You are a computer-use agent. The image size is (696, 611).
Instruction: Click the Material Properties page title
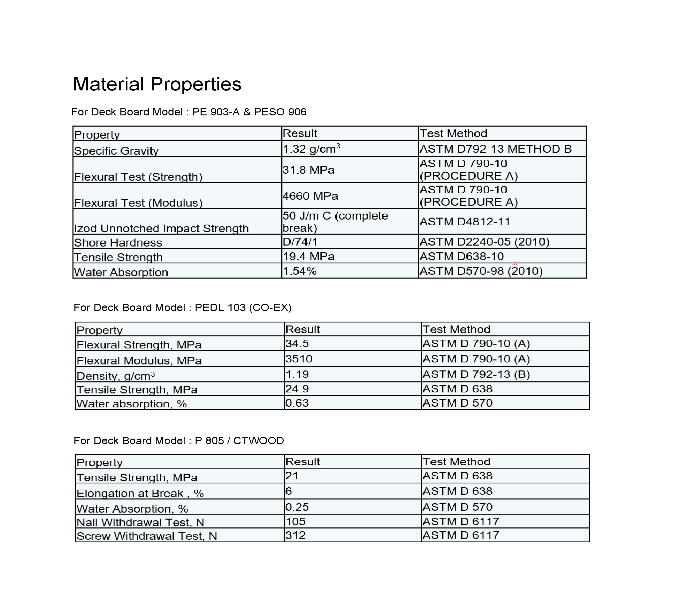coord(157,84)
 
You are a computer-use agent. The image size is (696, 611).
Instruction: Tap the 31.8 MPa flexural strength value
coord(308,170)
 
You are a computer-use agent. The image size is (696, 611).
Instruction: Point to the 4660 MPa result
coord(310,196)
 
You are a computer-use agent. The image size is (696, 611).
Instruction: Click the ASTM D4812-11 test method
coord(465,222)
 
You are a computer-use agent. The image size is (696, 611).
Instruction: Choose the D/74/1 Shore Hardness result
coord(300,242)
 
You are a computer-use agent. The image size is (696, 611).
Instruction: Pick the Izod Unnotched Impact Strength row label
coord(161,228)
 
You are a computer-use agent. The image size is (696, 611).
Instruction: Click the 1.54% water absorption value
coord(300,271)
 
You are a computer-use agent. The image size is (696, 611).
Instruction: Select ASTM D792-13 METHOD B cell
coord(495,149)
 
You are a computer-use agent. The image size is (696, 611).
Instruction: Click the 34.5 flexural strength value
coord(297,343)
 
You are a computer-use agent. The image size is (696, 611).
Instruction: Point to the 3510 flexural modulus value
coord(299,359)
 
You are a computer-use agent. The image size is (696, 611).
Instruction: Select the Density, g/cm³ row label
coord(116,376)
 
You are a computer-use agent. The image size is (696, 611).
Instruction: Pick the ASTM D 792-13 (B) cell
coord(476,374)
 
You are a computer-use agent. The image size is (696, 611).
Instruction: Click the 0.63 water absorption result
coord(297,403)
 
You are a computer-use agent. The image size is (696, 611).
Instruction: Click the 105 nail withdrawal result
coord(295,521)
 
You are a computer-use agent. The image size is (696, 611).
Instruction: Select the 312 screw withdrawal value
coord(295,535)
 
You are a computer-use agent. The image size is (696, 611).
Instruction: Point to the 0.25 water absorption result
coord(297,507)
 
